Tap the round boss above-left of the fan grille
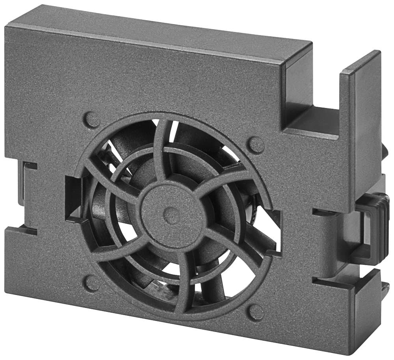pyautogui.click(x=92, y=120)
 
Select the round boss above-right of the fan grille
pyautogui.click(x=256, y=145)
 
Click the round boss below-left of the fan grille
pyautogui.click(x=92, y=283)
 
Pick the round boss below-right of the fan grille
pyautogui.click(x=256, y=313)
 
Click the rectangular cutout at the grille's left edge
pyautogui.click(x=74, y=197)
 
